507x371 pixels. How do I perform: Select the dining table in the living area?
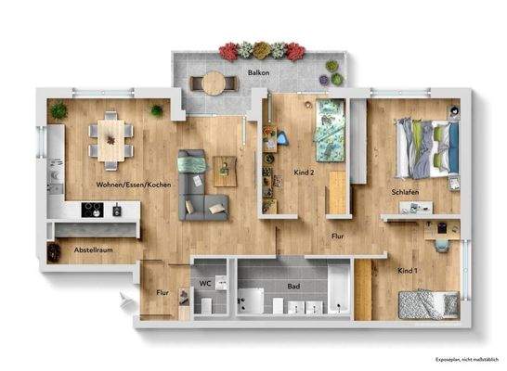tap(110, 139)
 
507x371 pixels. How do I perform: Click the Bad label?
tap(293, 287)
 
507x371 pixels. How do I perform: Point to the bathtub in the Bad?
tap(339, 288)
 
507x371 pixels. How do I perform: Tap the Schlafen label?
tap(405, 192)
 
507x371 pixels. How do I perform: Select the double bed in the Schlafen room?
tap(424, 147)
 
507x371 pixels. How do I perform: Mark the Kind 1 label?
tap(408, 269)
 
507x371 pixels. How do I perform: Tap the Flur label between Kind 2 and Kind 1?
tap(340, 237)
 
